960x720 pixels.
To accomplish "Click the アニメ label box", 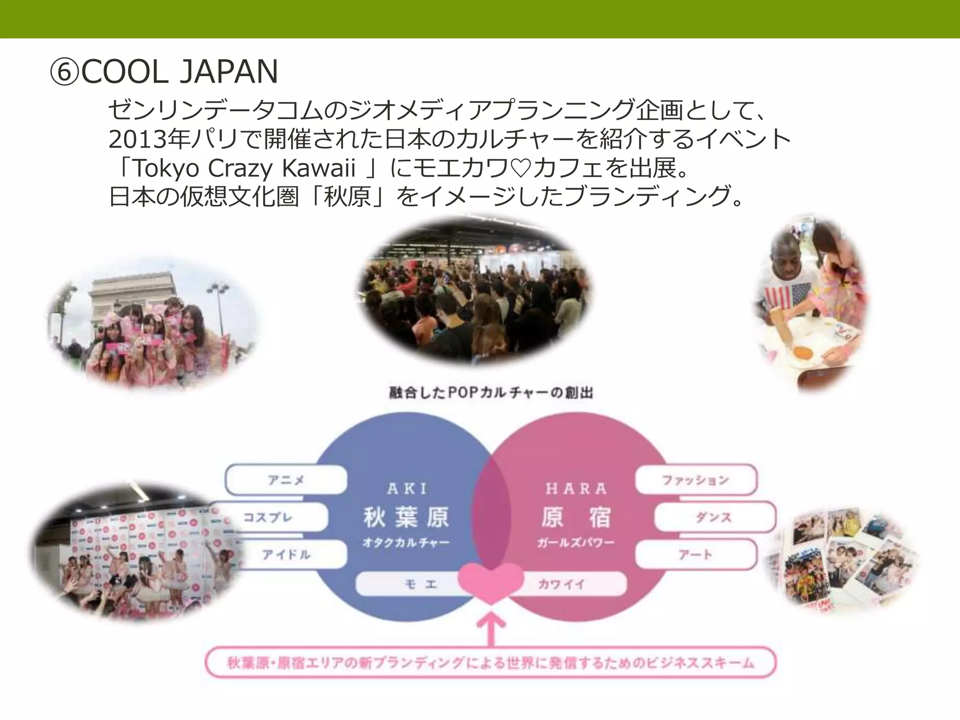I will pos(286,480).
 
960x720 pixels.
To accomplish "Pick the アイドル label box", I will pos(286,555).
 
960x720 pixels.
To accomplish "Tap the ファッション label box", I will pos(696,480).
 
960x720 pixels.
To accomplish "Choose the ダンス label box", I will pos(713,517).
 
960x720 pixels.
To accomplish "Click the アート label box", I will pos(696,555).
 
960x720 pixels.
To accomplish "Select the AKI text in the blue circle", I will pos(407,489).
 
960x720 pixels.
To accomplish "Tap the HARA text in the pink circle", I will pos(576,489).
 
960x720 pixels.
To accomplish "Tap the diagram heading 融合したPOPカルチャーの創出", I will pos(491,393).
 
